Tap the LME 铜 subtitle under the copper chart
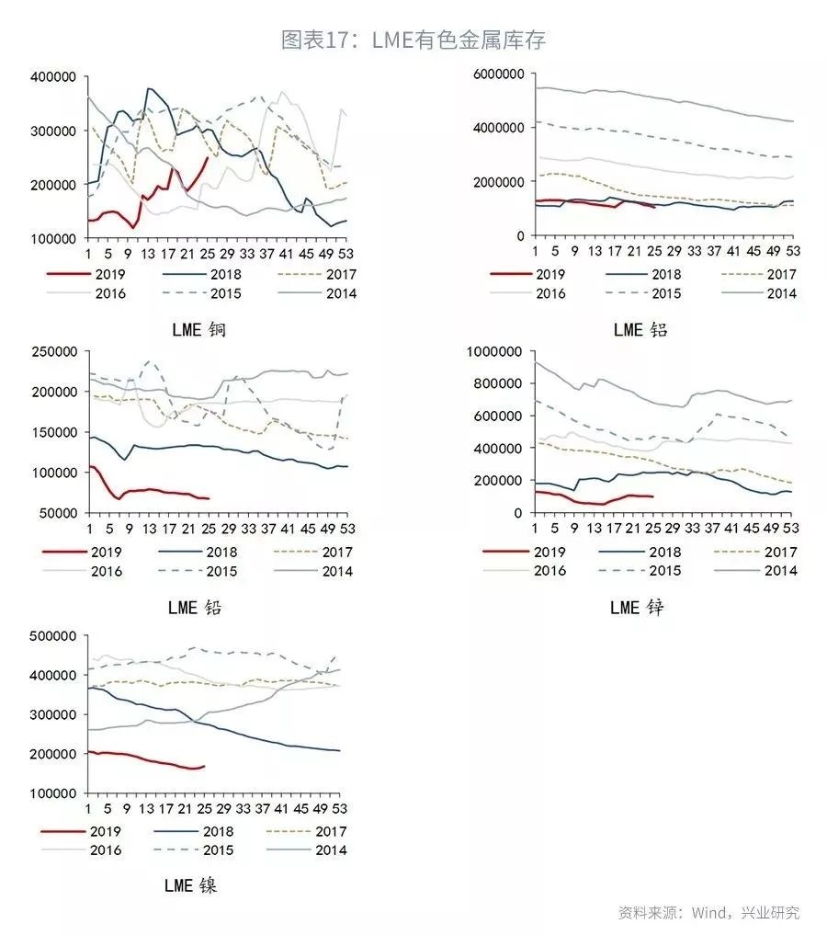click(198, 329)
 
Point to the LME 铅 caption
click(195, 607)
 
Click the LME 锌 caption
click(637, 607)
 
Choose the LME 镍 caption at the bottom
click(191, 885)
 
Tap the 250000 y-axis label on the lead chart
click(57, 351)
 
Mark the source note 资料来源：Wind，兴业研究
click(708, 913)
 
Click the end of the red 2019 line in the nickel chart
click(204, 766)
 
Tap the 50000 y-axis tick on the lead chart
click(61, 512)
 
